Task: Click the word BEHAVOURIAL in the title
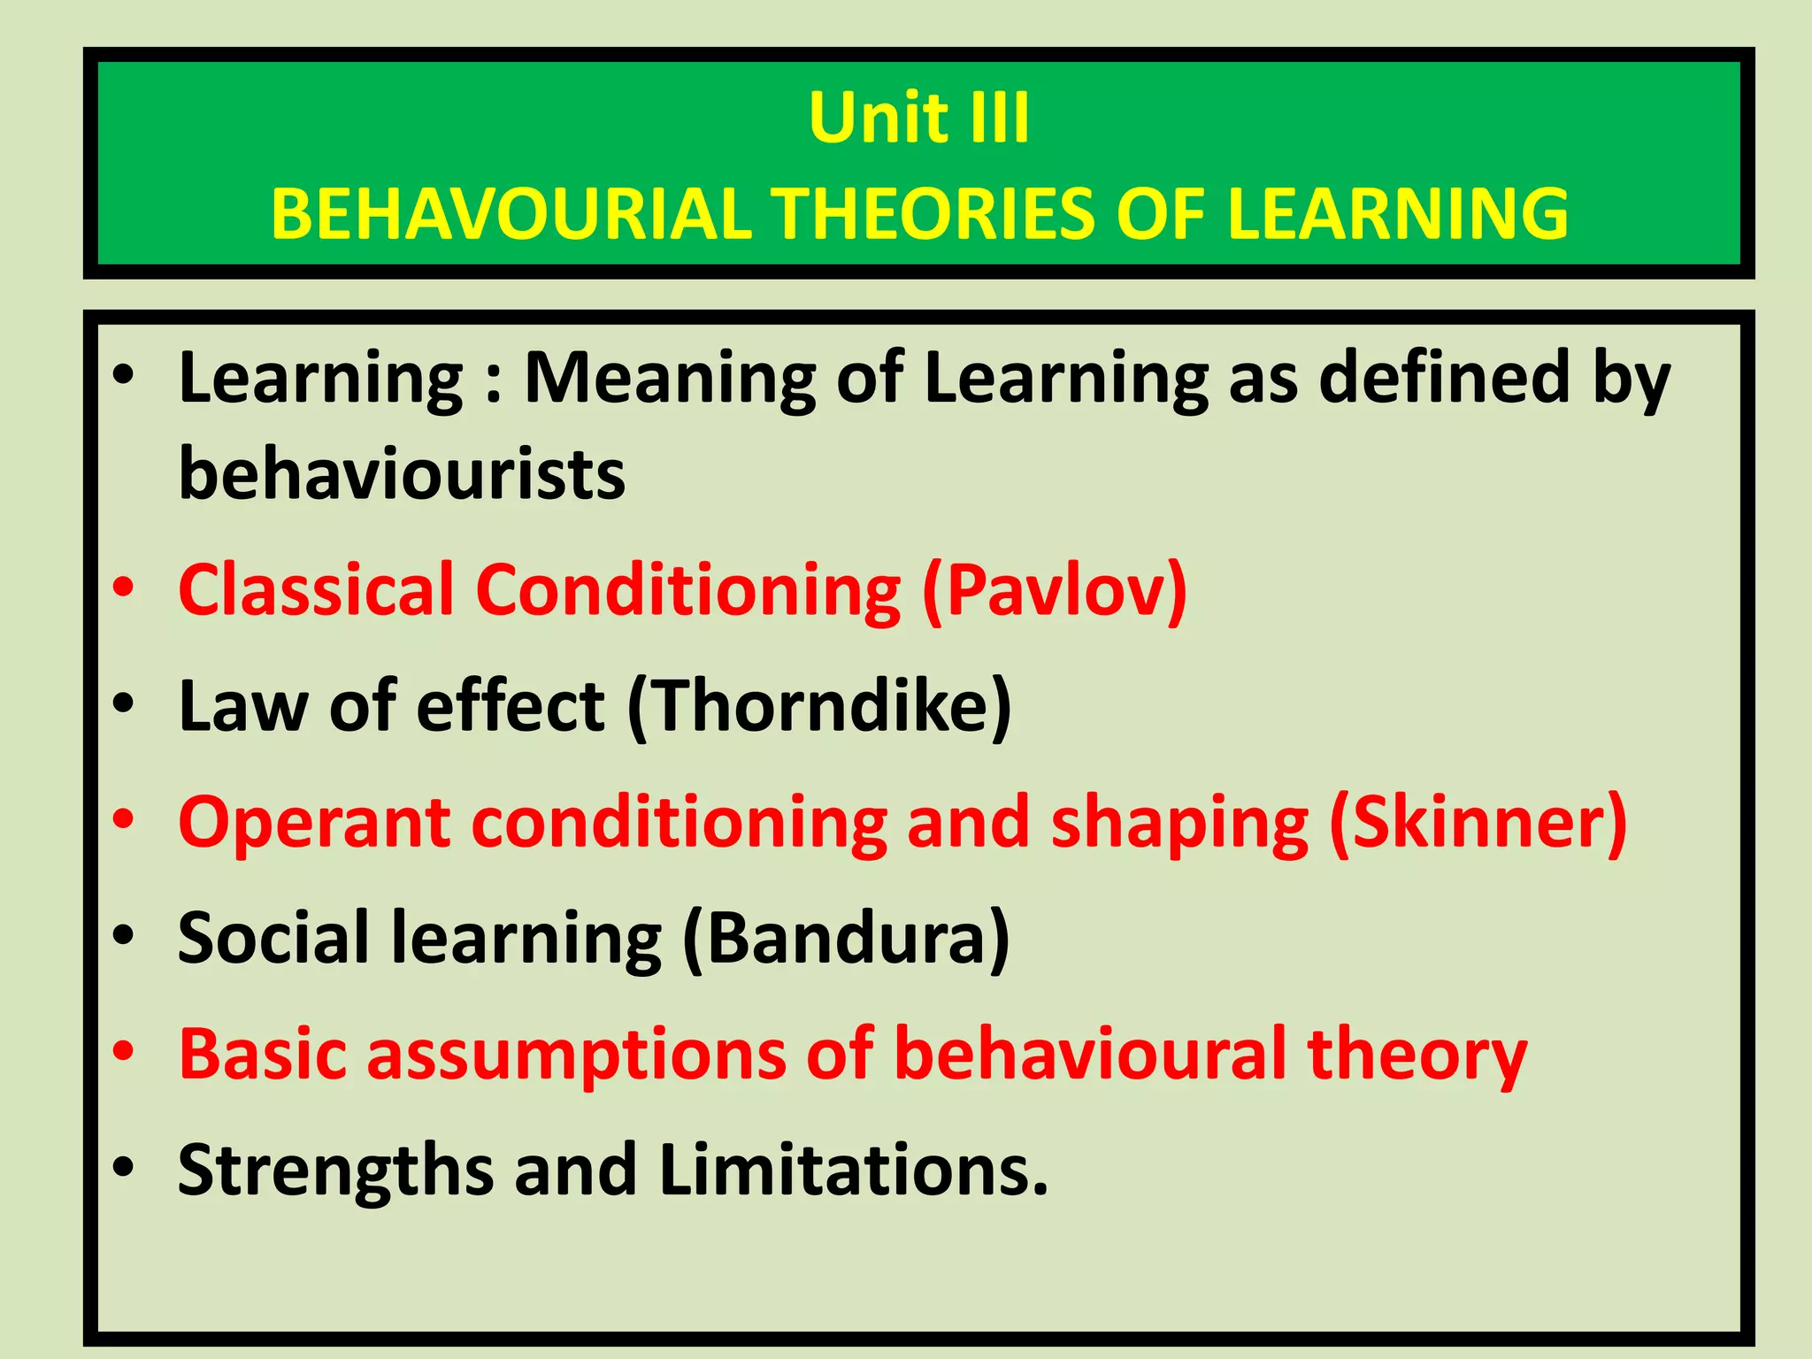coord(511,214)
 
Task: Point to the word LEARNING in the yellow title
coord(1397,214)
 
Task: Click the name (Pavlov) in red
coord(1054,590)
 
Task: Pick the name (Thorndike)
coord(819,706)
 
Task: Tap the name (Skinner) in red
coord(1478,823)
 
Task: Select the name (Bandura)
coord(846,938)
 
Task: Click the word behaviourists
coord(402,474)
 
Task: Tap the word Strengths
coord(334,1171)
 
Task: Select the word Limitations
coord(853,1170)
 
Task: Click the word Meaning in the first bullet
coord(670,379)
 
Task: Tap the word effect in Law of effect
coord(511,706)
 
